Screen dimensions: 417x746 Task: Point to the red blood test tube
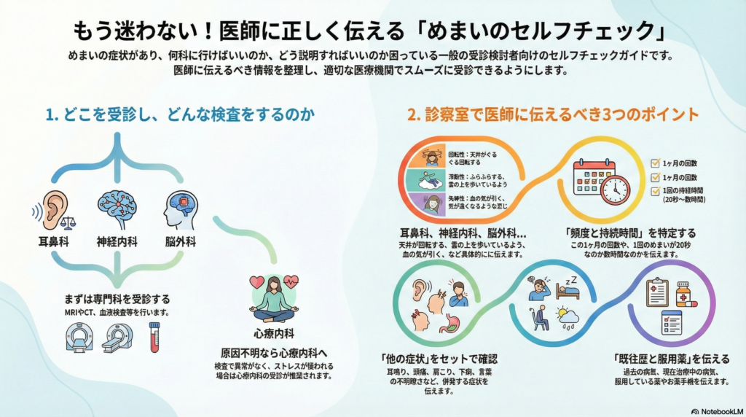pos(154,336)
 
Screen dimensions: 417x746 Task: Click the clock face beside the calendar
pos(614,189)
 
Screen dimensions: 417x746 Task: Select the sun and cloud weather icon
pos(567,316)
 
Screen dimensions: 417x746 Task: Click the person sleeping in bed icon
pos(567,289)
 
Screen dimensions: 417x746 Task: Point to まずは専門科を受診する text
pos(117,299)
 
